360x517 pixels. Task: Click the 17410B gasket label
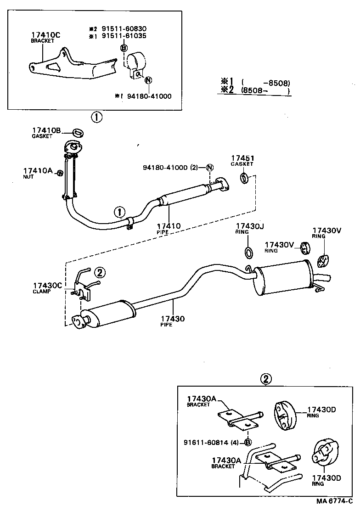coord(46,131)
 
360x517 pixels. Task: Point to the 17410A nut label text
coord(37,170)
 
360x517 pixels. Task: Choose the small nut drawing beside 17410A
coord(59,173)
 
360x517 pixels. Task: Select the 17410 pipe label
coord(169,226)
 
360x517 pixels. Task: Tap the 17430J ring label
coord(248,226)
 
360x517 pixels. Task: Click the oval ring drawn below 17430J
coord(248,252)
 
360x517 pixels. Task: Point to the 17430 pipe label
coord(173,318)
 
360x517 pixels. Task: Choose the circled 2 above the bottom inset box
coord(266,379)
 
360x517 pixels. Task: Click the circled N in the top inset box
coord(148,80)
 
